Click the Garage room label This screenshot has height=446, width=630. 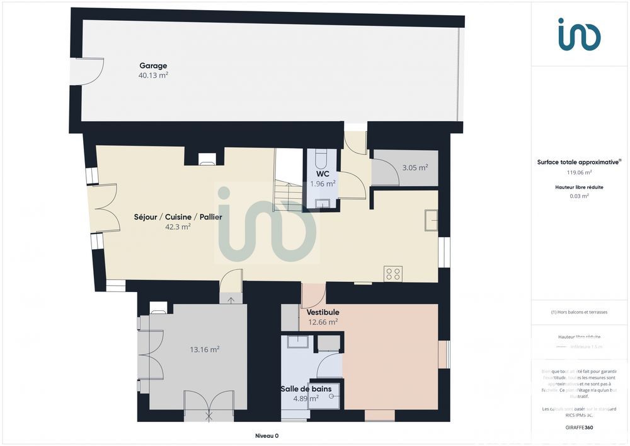[x=153, y=66]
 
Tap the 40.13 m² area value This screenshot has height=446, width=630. [x=153, y=75]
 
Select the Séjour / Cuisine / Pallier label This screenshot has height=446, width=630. [x=178, y=217]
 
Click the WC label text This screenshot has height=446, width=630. [x=323, y=174]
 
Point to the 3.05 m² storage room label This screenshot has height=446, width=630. [x=415, y=168]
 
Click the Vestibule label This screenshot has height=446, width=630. [x=323, y=312]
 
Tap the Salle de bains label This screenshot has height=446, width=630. [x=306, y=389]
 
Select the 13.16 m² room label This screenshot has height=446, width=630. [x=205, y=349]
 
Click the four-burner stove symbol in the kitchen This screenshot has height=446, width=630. [x=393, y=274]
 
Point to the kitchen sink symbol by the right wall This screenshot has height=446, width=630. [x=432, y=220]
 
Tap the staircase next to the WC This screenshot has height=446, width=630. [x=287, y=180]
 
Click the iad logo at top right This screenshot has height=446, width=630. [x=579, y=35]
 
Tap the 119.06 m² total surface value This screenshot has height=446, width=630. [x=579, y=172]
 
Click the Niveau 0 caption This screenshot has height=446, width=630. [x=266, y=436]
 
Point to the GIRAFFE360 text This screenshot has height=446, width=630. [x=579, y=428]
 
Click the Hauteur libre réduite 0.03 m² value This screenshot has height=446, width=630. [x=579, y=196]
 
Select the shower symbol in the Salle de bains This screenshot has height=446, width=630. [x=326, y=396]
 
